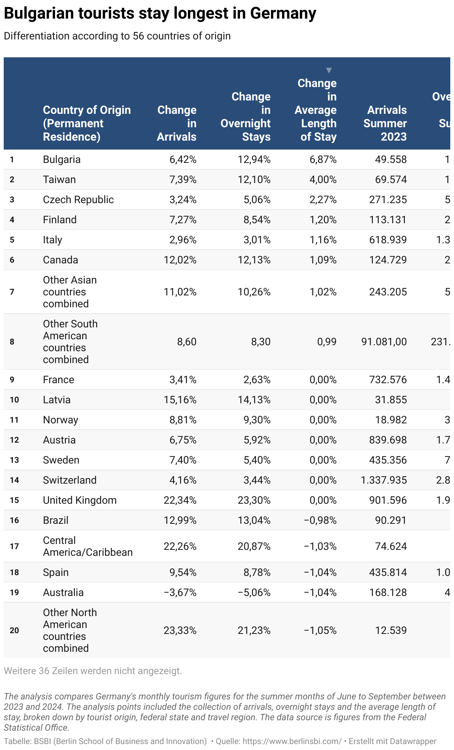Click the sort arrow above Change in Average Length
(x=329, y=70)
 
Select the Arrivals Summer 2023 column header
(x=385, y=123)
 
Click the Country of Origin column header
(x=87, y=123)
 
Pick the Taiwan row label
(x=60, y=180)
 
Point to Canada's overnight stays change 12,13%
(x=254, y=260)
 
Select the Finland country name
(x=60, y=220)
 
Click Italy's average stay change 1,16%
(x=323, y=240)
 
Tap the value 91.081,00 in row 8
(x=384, y=342)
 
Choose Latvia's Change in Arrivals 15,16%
(x=180, y=400)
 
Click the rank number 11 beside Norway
(x=14, y=420)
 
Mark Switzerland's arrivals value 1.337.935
(x=384, y=480)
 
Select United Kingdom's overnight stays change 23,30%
(x=254, y=500)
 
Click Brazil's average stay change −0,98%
(x=320, y=520)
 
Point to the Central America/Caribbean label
(x=88, y=547)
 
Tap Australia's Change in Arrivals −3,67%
(x=180, y=593)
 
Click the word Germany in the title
(x=283, y=14)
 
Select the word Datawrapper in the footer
(x=411, y=741)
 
